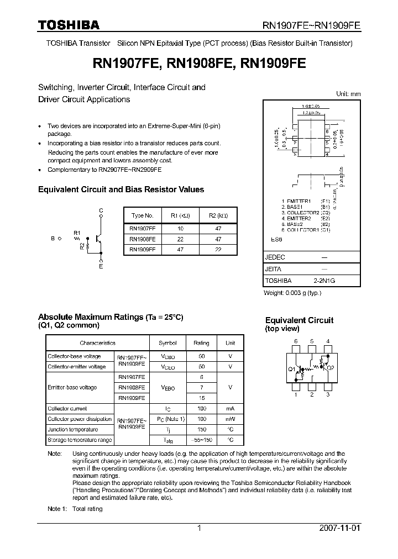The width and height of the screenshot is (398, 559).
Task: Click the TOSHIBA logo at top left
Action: tap(69, 24)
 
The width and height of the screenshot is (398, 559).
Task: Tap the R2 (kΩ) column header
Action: tap(218, 215)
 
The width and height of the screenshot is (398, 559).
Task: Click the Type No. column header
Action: tap(142, 215)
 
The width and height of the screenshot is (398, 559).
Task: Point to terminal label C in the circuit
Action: tap(101, 211)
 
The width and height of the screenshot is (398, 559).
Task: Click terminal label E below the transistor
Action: tap(101, 267)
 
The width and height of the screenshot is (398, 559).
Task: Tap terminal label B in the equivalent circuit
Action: tap(53, 239)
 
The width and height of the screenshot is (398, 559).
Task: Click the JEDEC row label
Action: tap(275, 257)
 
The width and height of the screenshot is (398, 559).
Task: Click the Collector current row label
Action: tap(67, 408)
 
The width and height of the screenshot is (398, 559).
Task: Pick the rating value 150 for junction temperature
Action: tap(201, 429)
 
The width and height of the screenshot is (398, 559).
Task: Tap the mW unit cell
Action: tap(230, 419)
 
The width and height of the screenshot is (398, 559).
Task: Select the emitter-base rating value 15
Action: tap(201, 398)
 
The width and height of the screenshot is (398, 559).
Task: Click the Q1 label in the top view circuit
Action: tap(291, 368)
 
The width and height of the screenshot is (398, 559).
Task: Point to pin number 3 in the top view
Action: tap(328, 394)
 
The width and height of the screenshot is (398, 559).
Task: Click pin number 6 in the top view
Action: tap(296, 341)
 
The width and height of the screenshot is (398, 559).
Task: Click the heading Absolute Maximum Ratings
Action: tap(90, 317)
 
